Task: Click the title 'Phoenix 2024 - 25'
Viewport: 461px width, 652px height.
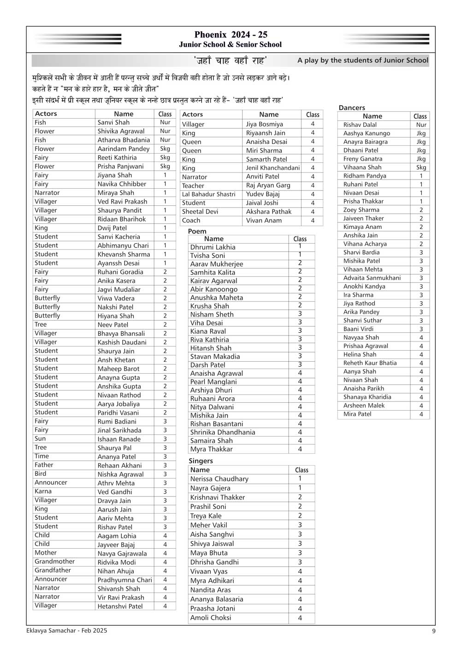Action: [230, 35]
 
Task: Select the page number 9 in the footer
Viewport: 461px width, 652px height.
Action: [434, 631]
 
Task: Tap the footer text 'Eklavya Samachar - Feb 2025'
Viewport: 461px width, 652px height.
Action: [66, 630]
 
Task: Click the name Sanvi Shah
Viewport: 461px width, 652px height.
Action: [113, 122]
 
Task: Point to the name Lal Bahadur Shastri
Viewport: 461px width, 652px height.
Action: [208, 194]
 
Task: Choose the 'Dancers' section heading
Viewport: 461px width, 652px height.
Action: [352, 108]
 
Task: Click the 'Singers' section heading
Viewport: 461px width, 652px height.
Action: [201, 461]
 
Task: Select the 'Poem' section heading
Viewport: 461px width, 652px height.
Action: [197, 231]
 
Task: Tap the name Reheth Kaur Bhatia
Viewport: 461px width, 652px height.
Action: [370, 363]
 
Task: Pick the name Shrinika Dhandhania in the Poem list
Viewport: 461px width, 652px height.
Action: [223, 432]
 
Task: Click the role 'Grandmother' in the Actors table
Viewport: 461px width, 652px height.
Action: [54, 562]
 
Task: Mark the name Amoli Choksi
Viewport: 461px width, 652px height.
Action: [211, 617]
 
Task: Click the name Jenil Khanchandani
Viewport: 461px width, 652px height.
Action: [273, 168]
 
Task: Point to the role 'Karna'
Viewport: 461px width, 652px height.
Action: [43, 491]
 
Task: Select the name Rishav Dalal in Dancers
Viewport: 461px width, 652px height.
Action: [360, 125]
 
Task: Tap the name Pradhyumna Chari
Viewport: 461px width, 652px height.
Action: [124, 580]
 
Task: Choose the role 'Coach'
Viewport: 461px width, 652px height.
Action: [191, 221]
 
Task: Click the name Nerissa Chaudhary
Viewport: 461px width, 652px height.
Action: [219, 479]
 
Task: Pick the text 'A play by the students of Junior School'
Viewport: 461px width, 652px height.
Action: [363, 60]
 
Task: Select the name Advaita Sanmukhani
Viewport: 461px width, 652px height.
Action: [372, 278]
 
